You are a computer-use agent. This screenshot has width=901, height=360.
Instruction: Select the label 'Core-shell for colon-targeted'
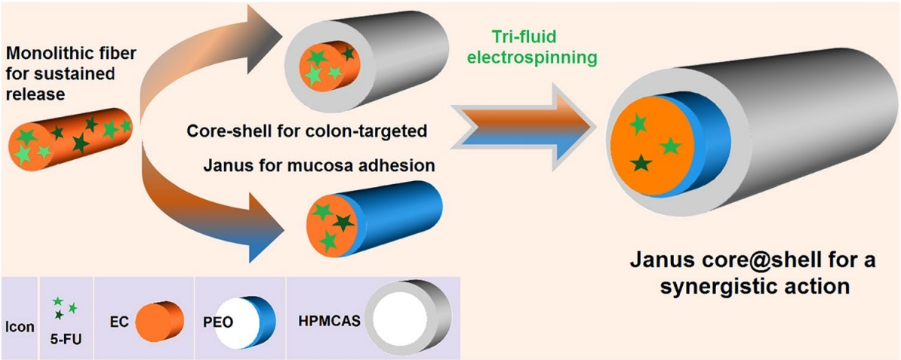307,131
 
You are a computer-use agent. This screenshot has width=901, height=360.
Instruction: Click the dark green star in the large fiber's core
641,162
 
